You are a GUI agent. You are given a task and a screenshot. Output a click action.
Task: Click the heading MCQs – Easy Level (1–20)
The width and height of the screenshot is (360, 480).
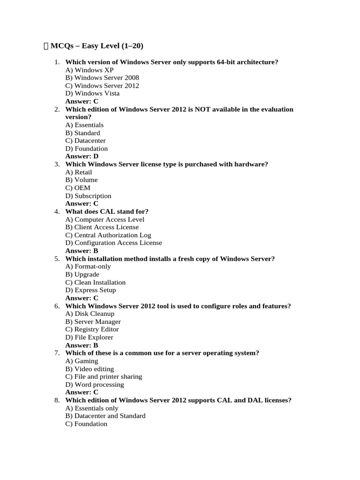(x=97, y=46)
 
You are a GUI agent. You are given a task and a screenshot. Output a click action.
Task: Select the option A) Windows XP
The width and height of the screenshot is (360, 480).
(x=90, y=70)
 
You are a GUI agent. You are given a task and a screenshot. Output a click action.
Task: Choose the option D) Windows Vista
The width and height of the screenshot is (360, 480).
(x=92, y=93)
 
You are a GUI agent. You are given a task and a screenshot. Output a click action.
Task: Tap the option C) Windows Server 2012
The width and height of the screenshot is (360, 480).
(x=102, y=86)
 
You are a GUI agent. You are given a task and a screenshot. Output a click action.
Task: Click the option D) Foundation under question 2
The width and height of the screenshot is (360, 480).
(x=87, y=149)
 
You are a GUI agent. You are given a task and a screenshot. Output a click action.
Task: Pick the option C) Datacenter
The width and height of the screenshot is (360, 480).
(x=85, y=141)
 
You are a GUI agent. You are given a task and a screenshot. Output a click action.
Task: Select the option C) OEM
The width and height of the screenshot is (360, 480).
(x=78, y=188)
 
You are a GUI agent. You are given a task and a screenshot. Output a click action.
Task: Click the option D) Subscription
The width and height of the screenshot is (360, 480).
(x=88, y=196)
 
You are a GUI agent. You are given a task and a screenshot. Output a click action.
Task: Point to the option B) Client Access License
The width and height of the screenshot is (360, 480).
(x=102, y=227)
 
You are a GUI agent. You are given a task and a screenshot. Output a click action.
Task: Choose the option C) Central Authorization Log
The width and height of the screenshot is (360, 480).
(x=108, y=235)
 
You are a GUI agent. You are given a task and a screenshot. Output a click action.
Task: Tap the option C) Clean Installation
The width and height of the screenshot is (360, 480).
(x=96, y=282)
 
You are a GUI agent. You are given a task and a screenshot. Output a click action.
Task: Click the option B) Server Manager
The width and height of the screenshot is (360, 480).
(x=93, y=322)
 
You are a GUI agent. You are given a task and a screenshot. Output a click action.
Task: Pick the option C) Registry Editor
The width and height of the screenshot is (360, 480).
(x=92, y=330)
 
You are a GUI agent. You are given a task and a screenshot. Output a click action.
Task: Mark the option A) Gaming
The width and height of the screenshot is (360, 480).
(x=82, y=361)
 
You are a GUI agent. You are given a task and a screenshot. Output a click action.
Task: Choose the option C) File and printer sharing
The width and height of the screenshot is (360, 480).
(x=104, y=376)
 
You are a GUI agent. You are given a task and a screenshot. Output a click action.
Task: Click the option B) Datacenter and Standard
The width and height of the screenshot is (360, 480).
(x=105, y=416)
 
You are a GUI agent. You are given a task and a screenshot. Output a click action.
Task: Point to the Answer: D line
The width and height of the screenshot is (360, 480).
(x=82, y=156)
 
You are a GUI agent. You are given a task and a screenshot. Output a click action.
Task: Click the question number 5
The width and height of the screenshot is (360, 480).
(x=57, y=259)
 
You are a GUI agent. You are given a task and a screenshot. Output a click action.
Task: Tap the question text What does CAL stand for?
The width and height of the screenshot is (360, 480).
(x=107, y=211)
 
